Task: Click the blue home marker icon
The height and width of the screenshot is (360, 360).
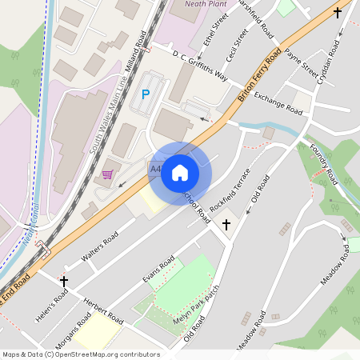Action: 180,172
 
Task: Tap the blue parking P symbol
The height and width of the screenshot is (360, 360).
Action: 145,94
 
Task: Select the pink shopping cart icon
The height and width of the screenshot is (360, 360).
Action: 107,174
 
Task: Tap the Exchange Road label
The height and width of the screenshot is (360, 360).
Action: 278,102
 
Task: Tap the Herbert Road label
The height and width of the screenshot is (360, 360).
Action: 103,310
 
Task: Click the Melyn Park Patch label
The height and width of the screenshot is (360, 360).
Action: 196,310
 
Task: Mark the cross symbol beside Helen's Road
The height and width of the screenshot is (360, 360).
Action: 64,281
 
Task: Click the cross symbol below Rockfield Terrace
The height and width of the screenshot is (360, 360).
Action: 226,225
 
